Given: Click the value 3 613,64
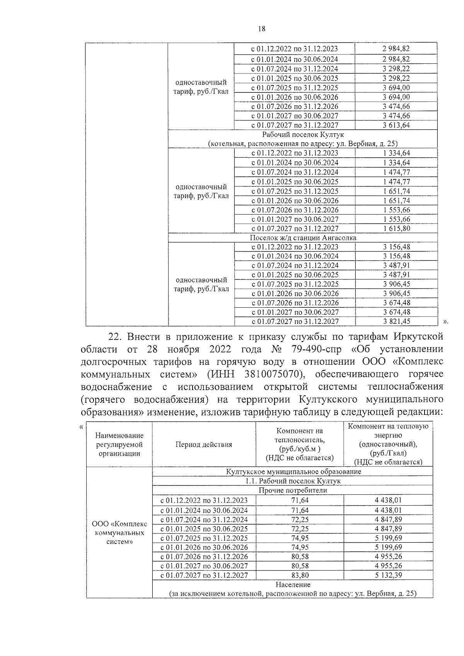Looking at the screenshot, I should tap(396, 125).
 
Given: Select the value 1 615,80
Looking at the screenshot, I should tap(396, 228).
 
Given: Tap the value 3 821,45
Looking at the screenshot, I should tap(396, 321).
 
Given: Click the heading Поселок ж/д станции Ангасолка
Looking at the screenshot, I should tap(303, 238).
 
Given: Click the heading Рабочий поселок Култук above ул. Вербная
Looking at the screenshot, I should tap(303, 135).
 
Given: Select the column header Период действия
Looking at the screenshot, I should tap(204, 444).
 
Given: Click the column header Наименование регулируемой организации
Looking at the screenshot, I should tap(119, 444).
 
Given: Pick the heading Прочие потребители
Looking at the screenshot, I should tap(293, 491).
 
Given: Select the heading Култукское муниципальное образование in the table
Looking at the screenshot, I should tap(293, 472).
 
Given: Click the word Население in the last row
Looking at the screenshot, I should tap(293, 585).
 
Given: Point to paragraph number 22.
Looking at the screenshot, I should tap(115, 337).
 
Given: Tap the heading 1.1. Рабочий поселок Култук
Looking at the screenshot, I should tap(293, 481).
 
